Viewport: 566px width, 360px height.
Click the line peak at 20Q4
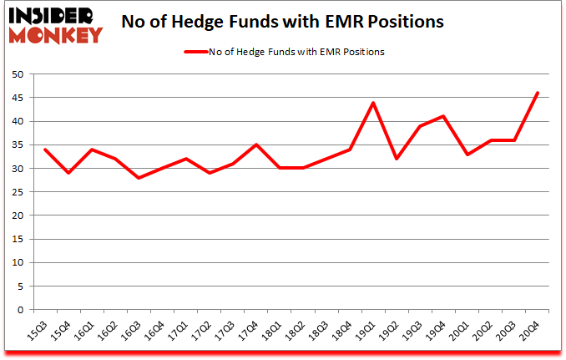point(537,93)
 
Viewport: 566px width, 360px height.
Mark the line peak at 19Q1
point(372,103)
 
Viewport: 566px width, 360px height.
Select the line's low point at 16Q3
point(139,178)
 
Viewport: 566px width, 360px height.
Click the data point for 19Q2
point(397,159)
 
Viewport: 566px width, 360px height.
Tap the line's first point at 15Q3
point(44,150)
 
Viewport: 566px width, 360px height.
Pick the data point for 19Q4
point(443,116)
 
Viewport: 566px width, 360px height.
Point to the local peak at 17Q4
point(255,145)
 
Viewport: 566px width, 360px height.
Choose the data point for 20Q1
point(467,155)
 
